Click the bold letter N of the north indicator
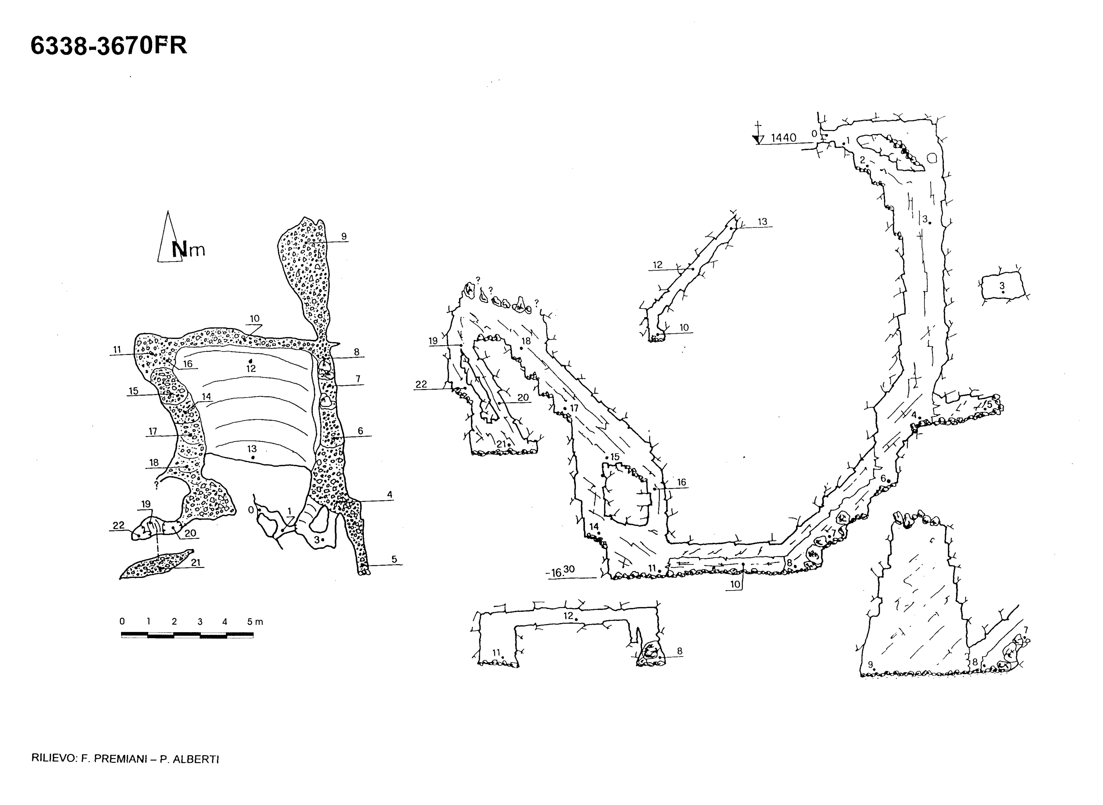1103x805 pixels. tap(179, 249)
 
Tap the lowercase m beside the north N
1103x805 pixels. tap(197, 251)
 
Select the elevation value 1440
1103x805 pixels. tap(783, 138)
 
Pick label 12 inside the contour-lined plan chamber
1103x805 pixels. tap(251, 368)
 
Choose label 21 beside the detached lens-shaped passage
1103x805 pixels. tap(195, 562)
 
